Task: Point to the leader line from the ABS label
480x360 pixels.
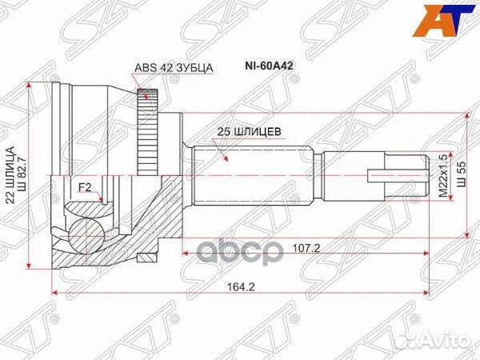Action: point(137,80)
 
